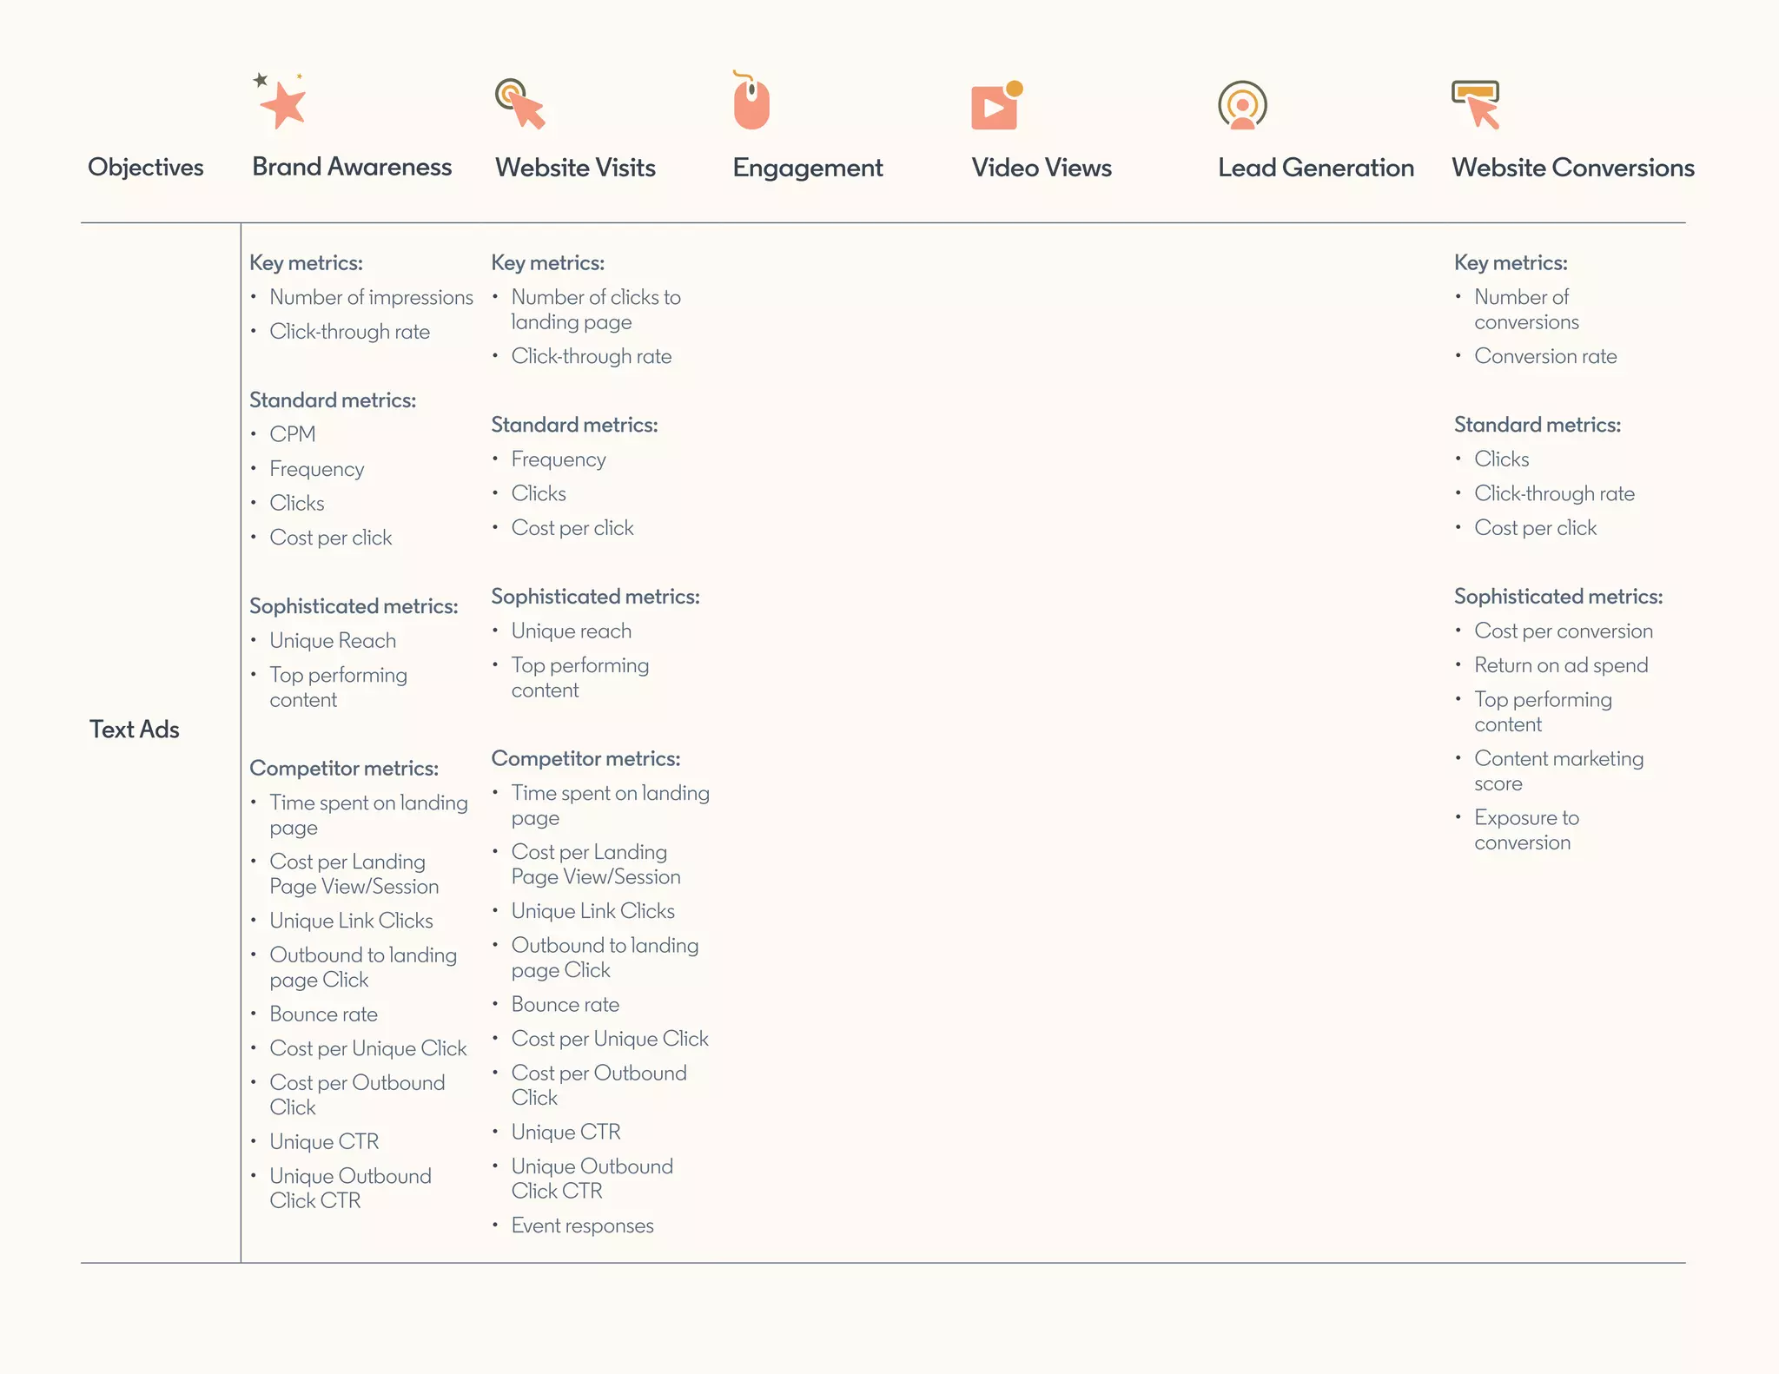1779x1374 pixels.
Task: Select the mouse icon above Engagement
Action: pyautogui.click(x=751, y=102)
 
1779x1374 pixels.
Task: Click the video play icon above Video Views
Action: pyautogui.click(x=995, y=106)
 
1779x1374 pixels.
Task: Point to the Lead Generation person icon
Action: pyautogui.click(x=1242, y=105)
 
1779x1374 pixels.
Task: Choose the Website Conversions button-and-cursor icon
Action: pyautogui.click(x=1476, y=103)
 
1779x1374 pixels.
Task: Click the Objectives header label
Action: pyautogui.click(x=146, y=167)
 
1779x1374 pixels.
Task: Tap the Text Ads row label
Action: pyautogui.click(x=135, y=730)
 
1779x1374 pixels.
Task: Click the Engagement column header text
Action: pyautogui.click(x=807, y=168)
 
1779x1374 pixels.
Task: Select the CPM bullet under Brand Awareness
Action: pyautogui.click(x=292, y=434)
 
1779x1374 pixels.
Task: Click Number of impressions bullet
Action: pyautogui.click(x=371, y=297)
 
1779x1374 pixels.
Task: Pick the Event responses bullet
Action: pyautogui.click(x=582, y=1225)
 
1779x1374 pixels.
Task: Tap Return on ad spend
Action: pyautogui.click(x=1561, y=665)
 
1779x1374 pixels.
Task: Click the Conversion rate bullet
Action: pyautogui.click(x=1545, y=356)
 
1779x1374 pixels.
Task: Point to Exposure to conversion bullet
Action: pyautogui.click(x=1526, y=829)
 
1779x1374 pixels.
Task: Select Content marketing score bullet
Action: pyautogui.click(x=1558, y=770)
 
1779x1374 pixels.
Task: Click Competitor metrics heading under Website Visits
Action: pyautogui.click(x=585, y=758)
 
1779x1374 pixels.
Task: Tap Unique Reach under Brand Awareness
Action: pyautogui.click(x=333, y=641)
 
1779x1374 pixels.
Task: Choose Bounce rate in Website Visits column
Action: pyautogui.click(x=565, y=1005)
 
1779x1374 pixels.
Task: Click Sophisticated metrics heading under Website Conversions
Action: pyautogui.click(x=1558, y=597)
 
